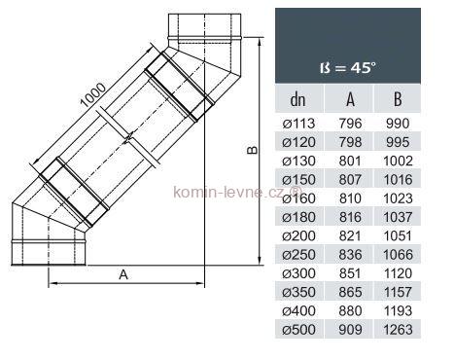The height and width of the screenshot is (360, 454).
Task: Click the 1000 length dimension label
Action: click(93, 95)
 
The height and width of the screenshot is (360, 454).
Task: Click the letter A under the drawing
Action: click(123, 274)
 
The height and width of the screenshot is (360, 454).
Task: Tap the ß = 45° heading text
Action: click(348, 68)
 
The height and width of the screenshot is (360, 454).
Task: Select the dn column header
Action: click(298, 99)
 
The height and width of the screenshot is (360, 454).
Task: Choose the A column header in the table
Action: click(350, 99)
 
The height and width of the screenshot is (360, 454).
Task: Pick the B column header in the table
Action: click(398, 99)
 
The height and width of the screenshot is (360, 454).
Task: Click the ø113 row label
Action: click(298, 124)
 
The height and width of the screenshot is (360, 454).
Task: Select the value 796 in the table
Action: click(350, 124)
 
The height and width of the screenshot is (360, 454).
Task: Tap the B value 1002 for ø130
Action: click(398, 162)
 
